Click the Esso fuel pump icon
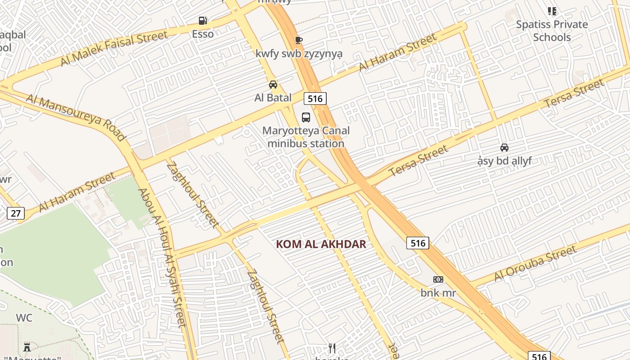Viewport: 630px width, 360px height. pos(203,21)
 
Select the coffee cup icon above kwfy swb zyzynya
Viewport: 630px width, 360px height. pos(298,40)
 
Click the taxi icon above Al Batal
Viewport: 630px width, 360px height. pos(273,85)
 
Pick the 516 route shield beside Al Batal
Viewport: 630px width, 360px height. pos(315,99)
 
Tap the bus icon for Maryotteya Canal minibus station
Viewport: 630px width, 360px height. pos(306,117)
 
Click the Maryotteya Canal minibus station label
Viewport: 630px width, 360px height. pos(306,137)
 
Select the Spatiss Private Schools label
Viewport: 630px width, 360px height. pos(552,31)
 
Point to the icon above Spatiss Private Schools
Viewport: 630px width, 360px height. pos(552,11)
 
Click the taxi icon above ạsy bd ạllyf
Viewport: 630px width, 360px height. pos(504,148)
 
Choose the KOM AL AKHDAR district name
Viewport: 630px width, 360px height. pos(321,244)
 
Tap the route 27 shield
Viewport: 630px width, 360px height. pos(16,213)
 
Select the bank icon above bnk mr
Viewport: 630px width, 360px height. pos(438,279)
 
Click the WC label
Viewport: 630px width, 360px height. pos(24,318)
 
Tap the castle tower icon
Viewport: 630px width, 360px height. pos(27,347)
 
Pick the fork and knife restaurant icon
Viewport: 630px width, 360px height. pos(332,348)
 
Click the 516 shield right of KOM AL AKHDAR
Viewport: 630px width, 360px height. pos(418,243)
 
